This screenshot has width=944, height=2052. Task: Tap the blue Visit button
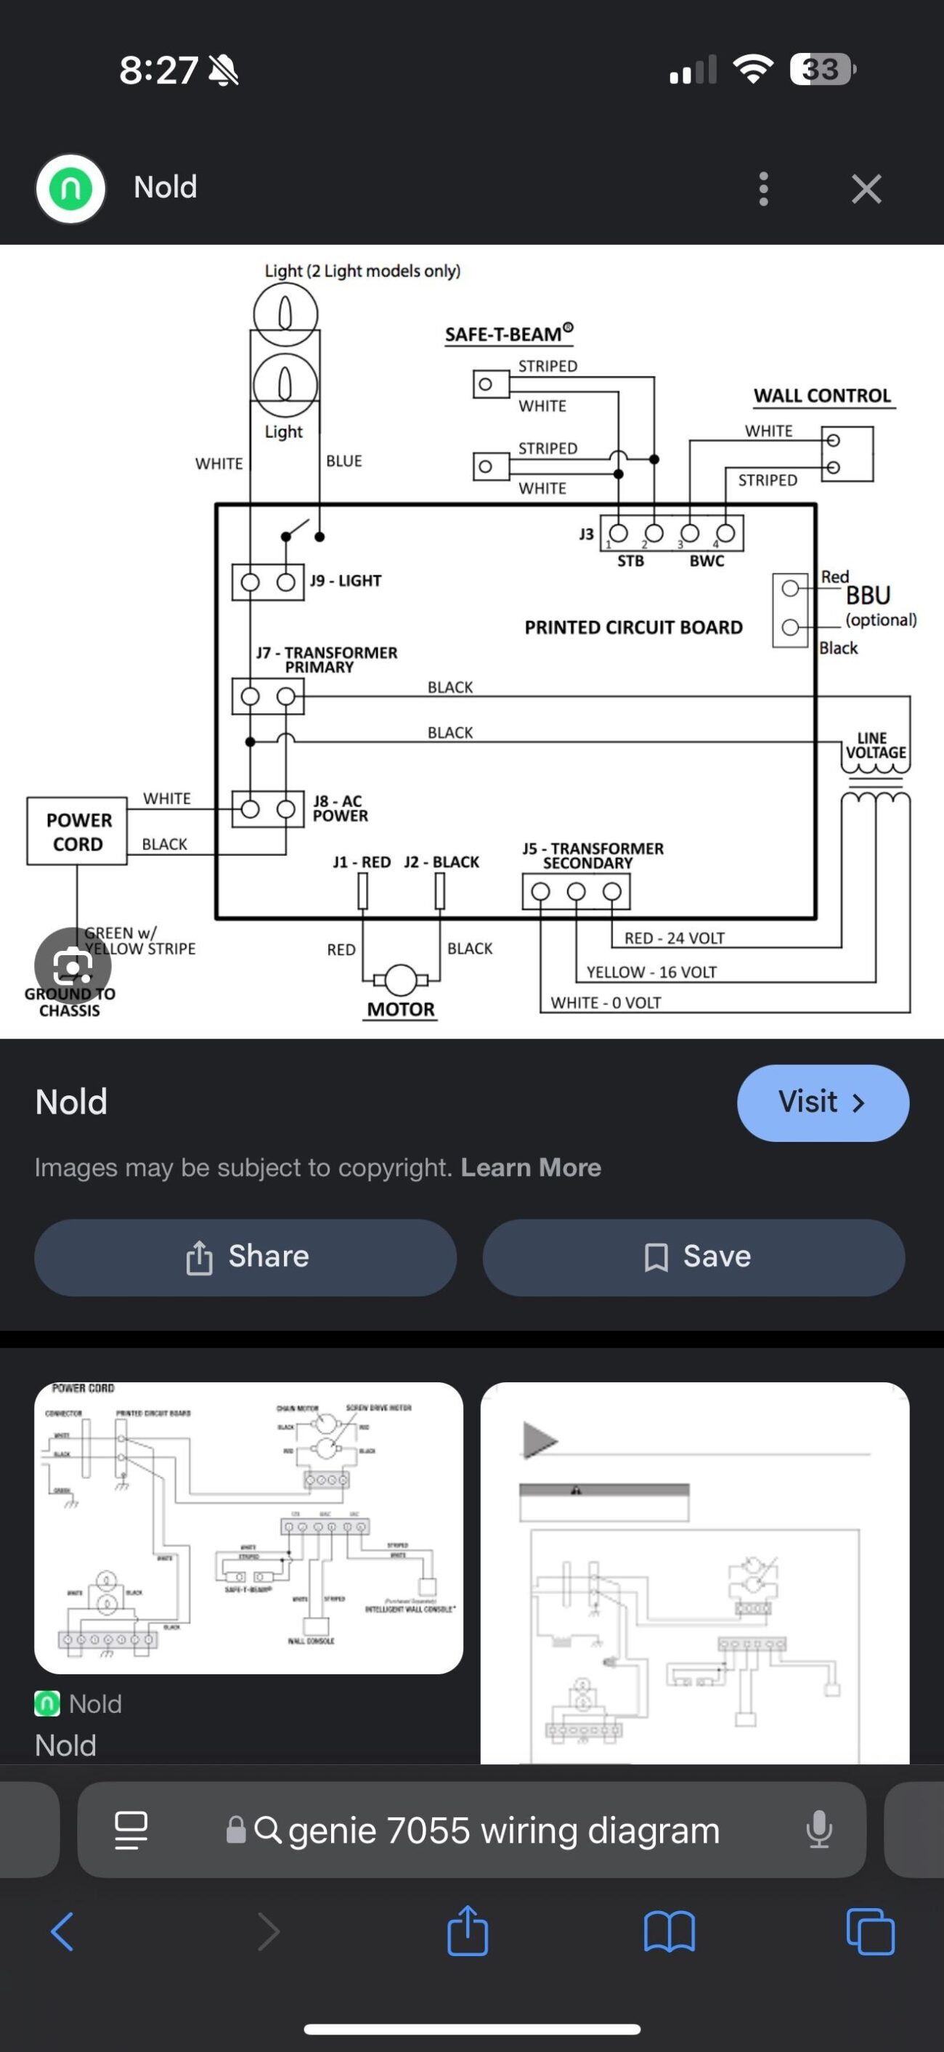tap(822, 1103)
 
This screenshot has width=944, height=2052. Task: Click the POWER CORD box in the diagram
tap(77, 831)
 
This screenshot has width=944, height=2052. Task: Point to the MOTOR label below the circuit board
tap(400, 1009)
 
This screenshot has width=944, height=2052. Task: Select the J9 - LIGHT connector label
tap(345, 580)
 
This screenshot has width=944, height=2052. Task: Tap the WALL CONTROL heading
tap(822, 396)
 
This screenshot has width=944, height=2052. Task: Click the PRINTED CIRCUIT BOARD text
tap(633, 628)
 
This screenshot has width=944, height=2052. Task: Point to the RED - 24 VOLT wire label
tap(674, 938)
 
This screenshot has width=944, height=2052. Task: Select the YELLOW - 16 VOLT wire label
tap(651, 972)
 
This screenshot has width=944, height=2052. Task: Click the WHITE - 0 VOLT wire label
tap(606, 1003)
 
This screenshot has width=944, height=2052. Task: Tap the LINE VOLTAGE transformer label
tap(875, 745)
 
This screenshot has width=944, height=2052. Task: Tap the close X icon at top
tap(866, 189)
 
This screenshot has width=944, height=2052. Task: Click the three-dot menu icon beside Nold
tap(763, 189)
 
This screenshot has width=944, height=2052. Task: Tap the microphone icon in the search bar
tap(818, 1830)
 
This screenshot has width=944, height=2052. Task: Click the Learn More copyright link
tap(531, 1168)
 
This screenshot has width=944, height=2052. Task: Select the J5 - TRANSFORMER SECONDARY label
tap(592, 856)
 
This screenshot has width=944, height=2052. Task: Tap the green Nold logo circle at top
tap(71, 189)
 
